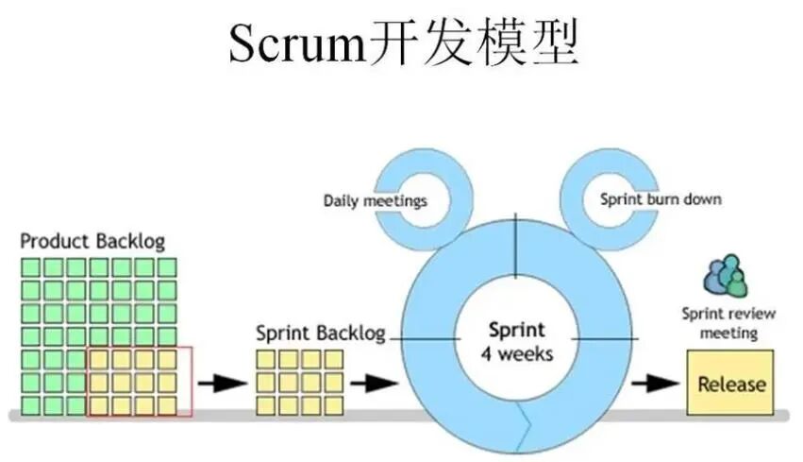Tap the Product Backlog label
92,241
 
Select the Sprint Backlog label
321,334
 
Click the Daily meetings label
375,200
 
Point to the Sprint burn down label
661,199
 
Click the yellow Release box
730,384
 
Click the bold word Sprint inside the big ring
516,331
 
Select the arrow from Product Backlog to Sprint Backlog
223,384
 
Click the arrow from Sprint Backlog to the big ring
374,384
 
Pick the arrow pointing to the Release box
655,384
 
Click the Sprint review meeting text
720,323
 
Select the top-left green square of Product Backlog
31,267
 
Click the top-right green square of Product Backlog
167,267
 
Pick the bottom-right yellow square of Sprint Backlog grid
334,404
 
